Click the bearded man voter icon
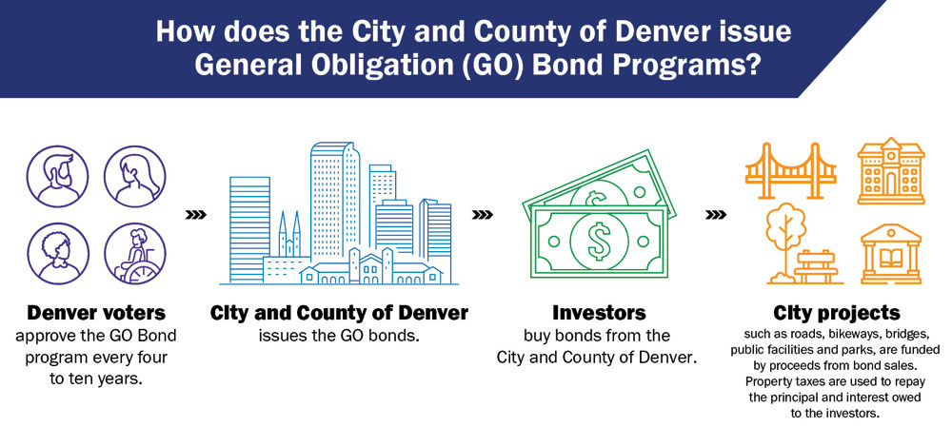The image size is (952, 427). click(57, 176)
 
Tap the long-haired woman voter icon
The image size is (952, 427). click(134, 176)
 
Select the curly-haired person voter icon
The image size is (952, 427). click(57, 254)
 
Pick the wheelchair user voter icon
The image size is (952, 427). click(134, 254)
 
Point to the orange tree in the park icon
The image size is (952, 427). click(784, 243)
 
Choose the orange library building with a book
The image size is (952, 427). click(891, 254)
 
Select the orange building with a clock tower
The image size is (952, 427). click(891, 170)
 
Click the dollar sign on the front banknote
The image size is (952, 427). click(600, 241)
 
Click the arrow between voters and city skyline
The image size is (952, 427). click(195, 215)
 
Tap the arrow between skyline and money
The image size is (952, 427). click(482, 215)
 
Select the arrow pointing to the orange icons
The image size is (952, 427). click(716, 215)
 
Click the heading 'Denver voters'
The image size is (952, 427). click(96, 313)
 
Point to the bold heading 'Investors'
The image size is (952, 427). click(599, 313)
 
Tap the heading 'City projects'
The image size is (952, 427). click(836, 313)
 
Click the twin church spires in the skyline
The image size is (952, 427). click(289, 235)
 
